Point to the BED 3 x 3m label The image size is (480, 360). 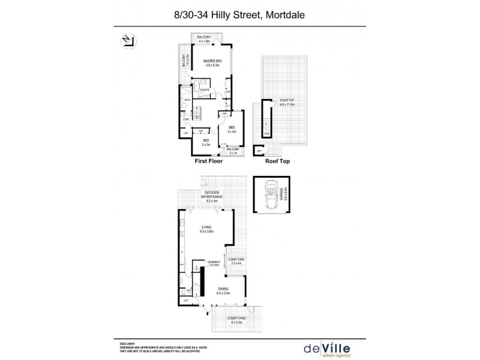pos(205,142)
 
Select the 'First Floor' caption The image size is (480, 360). pos(208,161)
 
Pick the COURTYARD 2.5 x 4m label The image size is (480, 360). pos(235,260)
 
